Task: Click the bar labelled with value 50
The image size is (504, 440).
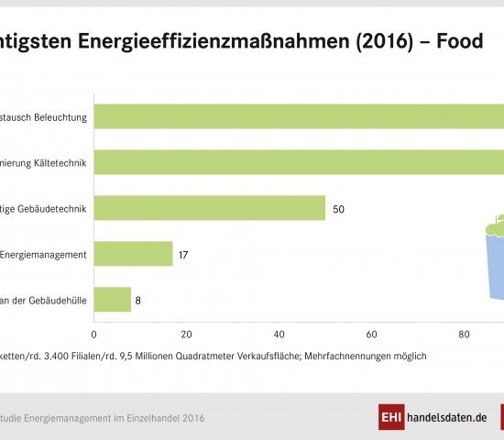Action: point(209,208)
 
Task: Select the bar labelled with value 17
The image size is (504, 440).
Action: point(133,254)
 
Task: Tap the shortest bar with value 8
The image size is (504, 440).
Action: point(112,300)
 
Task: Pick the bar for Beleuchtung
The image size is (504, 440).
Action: point(298,116)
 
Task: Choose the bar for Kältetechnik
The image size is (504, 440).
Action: point(298,162)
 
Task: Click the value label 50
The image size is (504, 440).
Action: point(338,209)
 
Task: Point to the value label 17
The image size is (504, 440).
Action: point(183,255)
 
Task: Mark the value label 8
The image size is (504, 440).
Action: point(138,301)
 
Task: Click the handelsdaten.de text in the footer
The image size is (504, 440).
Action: point(446,417)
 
